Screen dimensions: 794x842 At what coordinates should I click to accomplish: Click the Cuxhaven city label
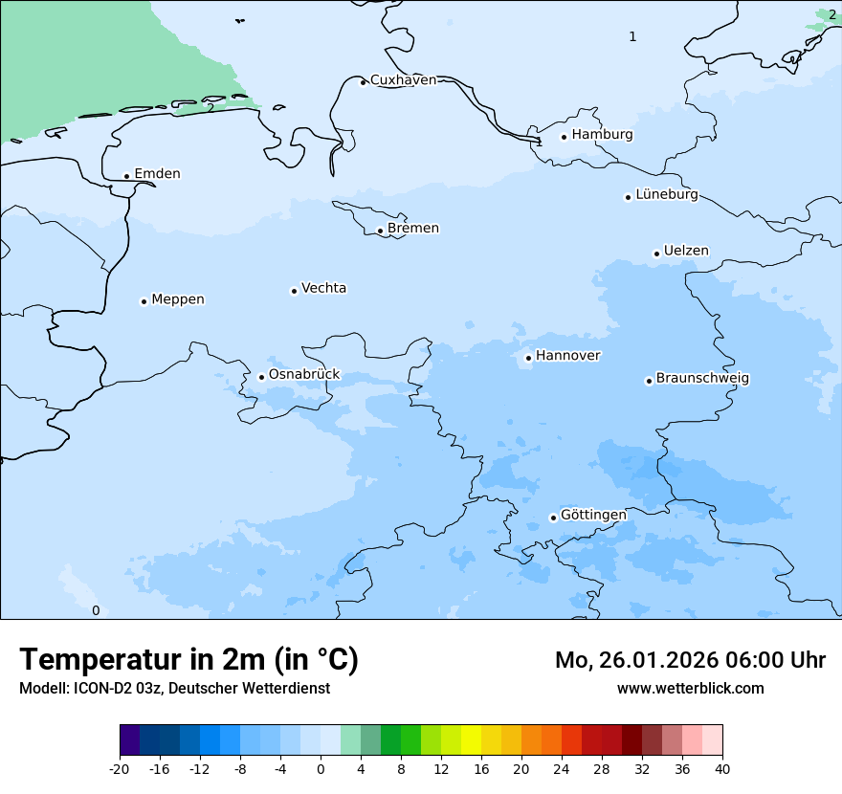403,80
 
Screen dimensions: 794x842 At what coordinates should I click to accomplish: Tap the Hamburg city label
602,135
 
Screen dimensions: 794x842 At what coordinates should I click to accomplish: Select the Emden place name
157,174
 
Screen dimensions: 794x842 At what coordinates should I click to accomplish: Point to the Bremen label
412,229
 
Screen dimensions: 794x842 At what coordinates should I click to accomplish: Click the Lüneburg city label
666,195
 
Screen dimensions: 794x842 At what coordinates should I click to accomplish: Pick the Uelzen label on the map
686,252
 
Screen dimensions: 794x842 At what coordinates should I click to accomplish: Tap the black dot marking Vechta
294,291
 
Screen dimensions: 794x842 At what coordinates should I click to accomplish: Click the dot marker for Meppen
144,301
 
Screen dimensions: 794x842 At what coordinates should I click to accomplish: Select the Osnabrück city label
304,375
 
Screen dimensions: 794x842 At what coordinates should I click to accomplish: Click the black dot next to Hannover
528,359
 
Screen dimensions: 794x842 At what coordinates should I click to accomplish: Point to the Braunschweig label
702,379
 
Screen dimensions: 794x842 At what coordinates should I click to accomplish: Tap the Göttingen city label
593,516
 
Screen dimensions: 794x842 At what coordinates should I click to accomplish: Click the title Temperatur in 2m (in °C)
188,660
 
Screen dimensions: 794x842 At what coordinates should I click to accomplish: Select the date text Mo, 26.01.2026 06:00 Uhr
690,660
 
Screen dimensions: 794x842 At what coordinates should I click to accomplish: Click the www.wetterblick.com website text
690,688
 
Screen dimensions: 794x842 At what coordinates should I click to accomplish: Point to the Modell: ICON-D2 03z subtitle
174,688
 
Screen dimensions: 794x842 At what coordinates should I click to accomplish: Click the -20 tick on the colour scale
120,769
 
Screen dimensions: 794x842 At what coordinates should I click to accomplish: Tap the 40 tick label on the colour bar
722,769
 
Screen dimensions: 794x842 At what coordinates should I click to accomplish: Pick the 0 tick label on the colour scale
321,769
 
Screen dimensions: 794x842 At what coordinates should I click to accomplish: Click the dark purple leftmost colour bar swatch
129,740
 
